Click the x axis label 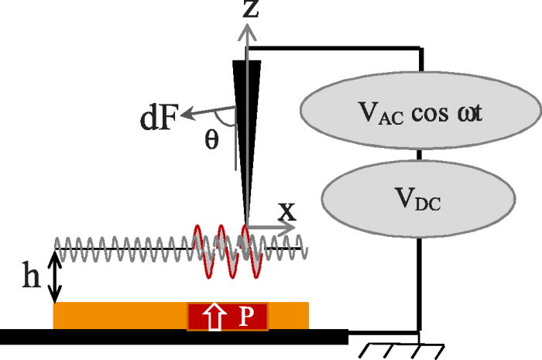[x=286, y=210]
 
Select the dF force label [x=160, y=120]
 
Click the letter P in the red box [x=245, y=317]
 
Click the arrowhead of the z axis [x=247, y=29]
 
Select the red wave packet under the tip [x=221, y=246]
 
